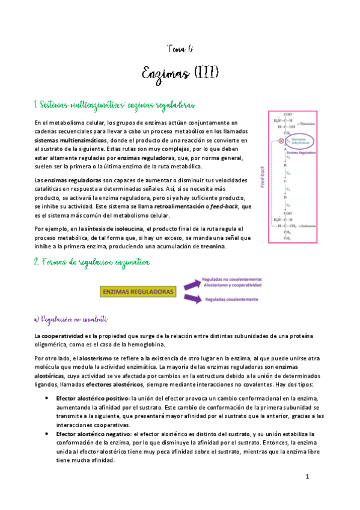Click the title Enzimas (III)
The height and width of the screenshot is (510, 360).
(x=179, y=73)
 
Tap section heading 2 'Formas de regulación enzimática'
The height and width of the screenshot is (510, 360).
(x=94, y=263)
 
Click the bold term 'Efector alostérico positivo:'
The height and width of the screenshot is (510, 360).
(x=93, y=381)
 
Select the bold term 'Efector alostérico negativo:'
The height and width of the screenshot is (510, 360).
(x=94, y=433)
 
